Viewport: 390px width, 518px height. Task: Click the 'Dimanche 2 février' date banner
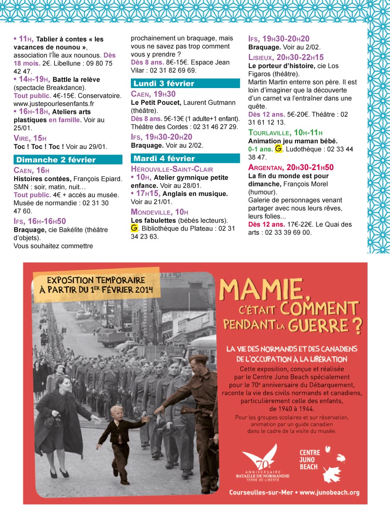click(68, 160)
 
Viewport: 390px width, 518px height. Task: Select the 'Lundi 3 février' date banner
click(185, 83)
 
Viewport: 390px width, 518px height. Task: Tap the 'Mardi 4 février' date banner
click(185, 158)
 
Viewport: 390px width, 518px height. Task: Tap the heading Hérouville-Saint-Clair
click(171, 169)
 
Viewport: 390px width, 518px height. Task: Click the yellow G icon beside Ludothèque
click(279, 149)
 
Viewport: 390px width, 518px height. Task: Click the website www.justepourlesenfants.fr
click(54, 104)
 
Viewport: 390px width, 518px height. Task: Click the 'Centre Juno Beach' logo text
click(310, 459)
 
